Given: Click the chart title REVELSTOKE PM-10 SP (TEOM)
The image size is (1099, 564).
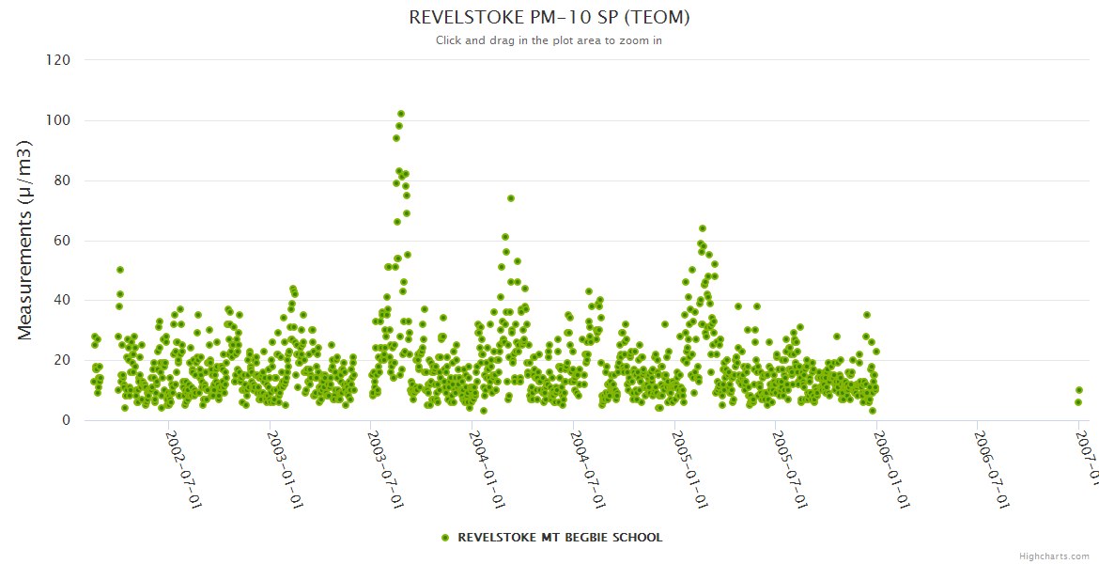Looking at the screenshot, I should coord(549,18).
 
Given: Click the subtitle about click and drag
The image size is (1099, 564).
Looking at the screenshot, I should coord(549,40).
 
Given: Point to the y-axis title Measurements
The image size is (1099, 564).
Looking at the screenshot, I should coord(26,240).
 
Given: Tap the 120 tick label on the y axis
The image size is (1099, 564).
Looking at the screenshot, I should coord(58,60).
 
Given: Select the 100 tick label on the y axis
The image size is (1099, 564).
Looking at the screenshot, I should coord(58,120).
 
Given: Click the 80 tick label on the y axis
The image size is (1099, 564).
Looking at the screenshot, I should coord(61,180).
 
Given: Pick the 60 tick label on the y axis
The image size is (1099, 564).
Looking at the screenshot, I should coord(61,241).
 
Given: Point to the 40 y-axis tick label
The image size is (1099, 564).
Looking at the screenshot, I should coord(61,301).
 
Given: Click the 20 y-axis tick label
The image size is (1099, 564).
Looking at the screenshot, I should coord(61,361).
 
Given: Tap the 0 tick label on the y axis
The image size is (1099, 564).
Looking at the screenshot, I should coord(66,421).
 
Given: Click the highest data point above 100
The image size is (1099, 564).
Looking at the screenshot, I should coord(401,114).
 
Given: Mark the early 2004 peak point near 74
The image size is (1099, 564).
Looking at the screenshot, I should coord(511,198).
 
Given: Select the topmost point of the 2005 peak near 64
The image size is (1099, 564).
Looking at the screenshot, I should coord(702,228).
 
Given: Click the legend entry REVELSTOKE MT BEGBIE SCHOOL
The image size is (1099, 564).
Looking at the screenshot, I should coord(551,538).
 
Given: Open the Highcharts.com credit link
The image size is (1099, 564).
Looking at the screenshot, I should coord(1054,556).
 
